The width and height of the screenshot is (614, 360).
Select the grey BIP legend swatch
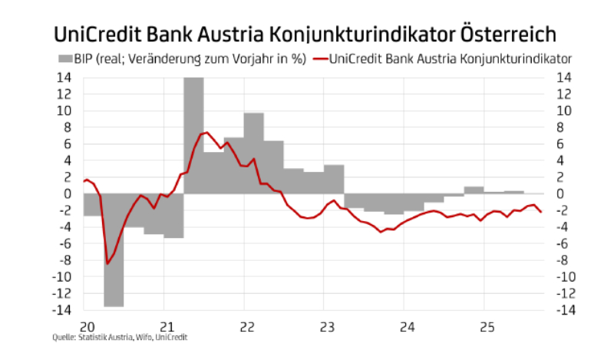[64, 58]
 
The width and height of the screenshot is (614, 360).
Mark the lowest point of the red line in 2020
[107, 263]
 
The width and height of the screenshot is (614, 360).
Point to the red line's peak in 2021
[206, 132]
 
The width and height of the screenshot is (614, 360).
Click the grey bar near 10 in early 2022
[254, 153]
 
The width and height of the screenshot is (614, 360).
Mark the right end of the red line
[542, 213]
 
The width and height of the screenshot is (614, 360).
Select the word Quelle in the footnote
[63, 337]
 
